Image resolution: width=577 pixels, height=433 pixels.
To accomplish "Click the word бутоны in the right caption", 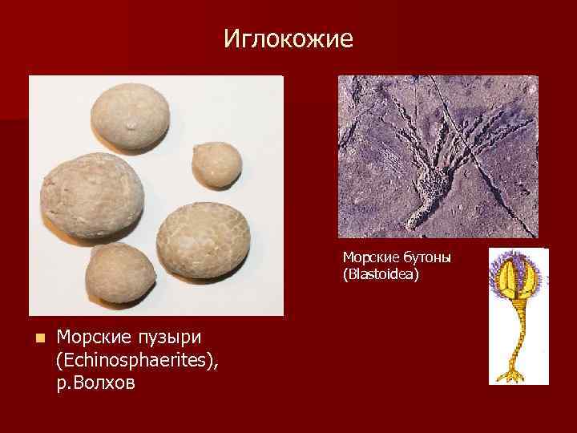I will [424, 258].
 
